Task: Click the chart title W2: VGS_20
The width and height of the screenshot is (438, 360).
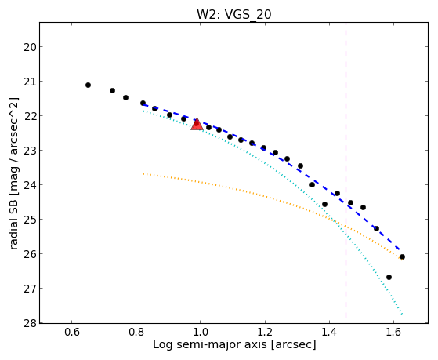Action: [x=234, y=14]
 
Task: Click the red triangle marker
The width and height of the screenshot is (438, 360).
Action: [x=197, y=124]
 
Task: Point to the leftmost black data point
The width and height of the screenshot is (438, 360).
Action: [x=88, y=85]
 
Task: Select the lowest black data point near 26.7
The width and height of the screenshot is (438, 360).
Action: [x=389, y=277]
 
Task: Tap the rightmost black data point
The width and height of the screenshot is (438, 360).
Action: [x=402, y=256]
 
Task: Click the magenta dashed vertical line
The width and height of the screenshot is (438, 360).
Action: [x=346, y=170]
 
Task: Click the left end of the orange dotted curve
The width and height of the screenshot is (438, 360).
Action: [x=143, y=173]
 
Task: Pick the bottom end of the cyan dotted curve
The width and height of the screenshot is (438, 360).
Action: [x=402, y=315]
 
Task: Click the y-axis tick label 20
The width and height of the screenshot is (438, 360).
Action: [x=31, y=47]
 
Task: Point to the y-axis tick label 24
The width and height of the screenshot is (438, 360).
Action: [x=31, y=185]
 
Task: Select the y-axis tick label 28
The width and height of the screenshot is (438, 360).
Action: [x=31, y=323]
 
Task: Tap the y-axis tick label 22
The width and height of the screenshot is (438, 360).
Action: [x=31, y=116]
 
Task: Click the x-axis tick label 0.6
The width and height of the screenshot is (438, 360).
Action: [x=72, y=333]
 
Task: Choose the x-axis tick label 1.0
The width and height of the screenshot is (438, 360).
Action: [x=201, y=333]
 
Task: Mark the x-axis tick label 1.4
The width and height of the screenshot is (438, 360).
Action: [x=329, y=333]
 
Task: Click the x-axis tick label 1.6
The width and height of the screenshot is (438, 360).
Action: [x=393, y=333]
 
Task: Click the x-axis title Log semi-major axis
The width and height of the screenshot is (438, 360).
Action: [x=209, y=344]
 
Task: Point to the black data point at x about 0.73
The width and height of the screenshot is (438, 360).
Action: [x=112, y=90]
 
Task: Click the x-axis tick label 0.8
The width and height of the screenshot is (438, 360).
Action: [x=136, y=333]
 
